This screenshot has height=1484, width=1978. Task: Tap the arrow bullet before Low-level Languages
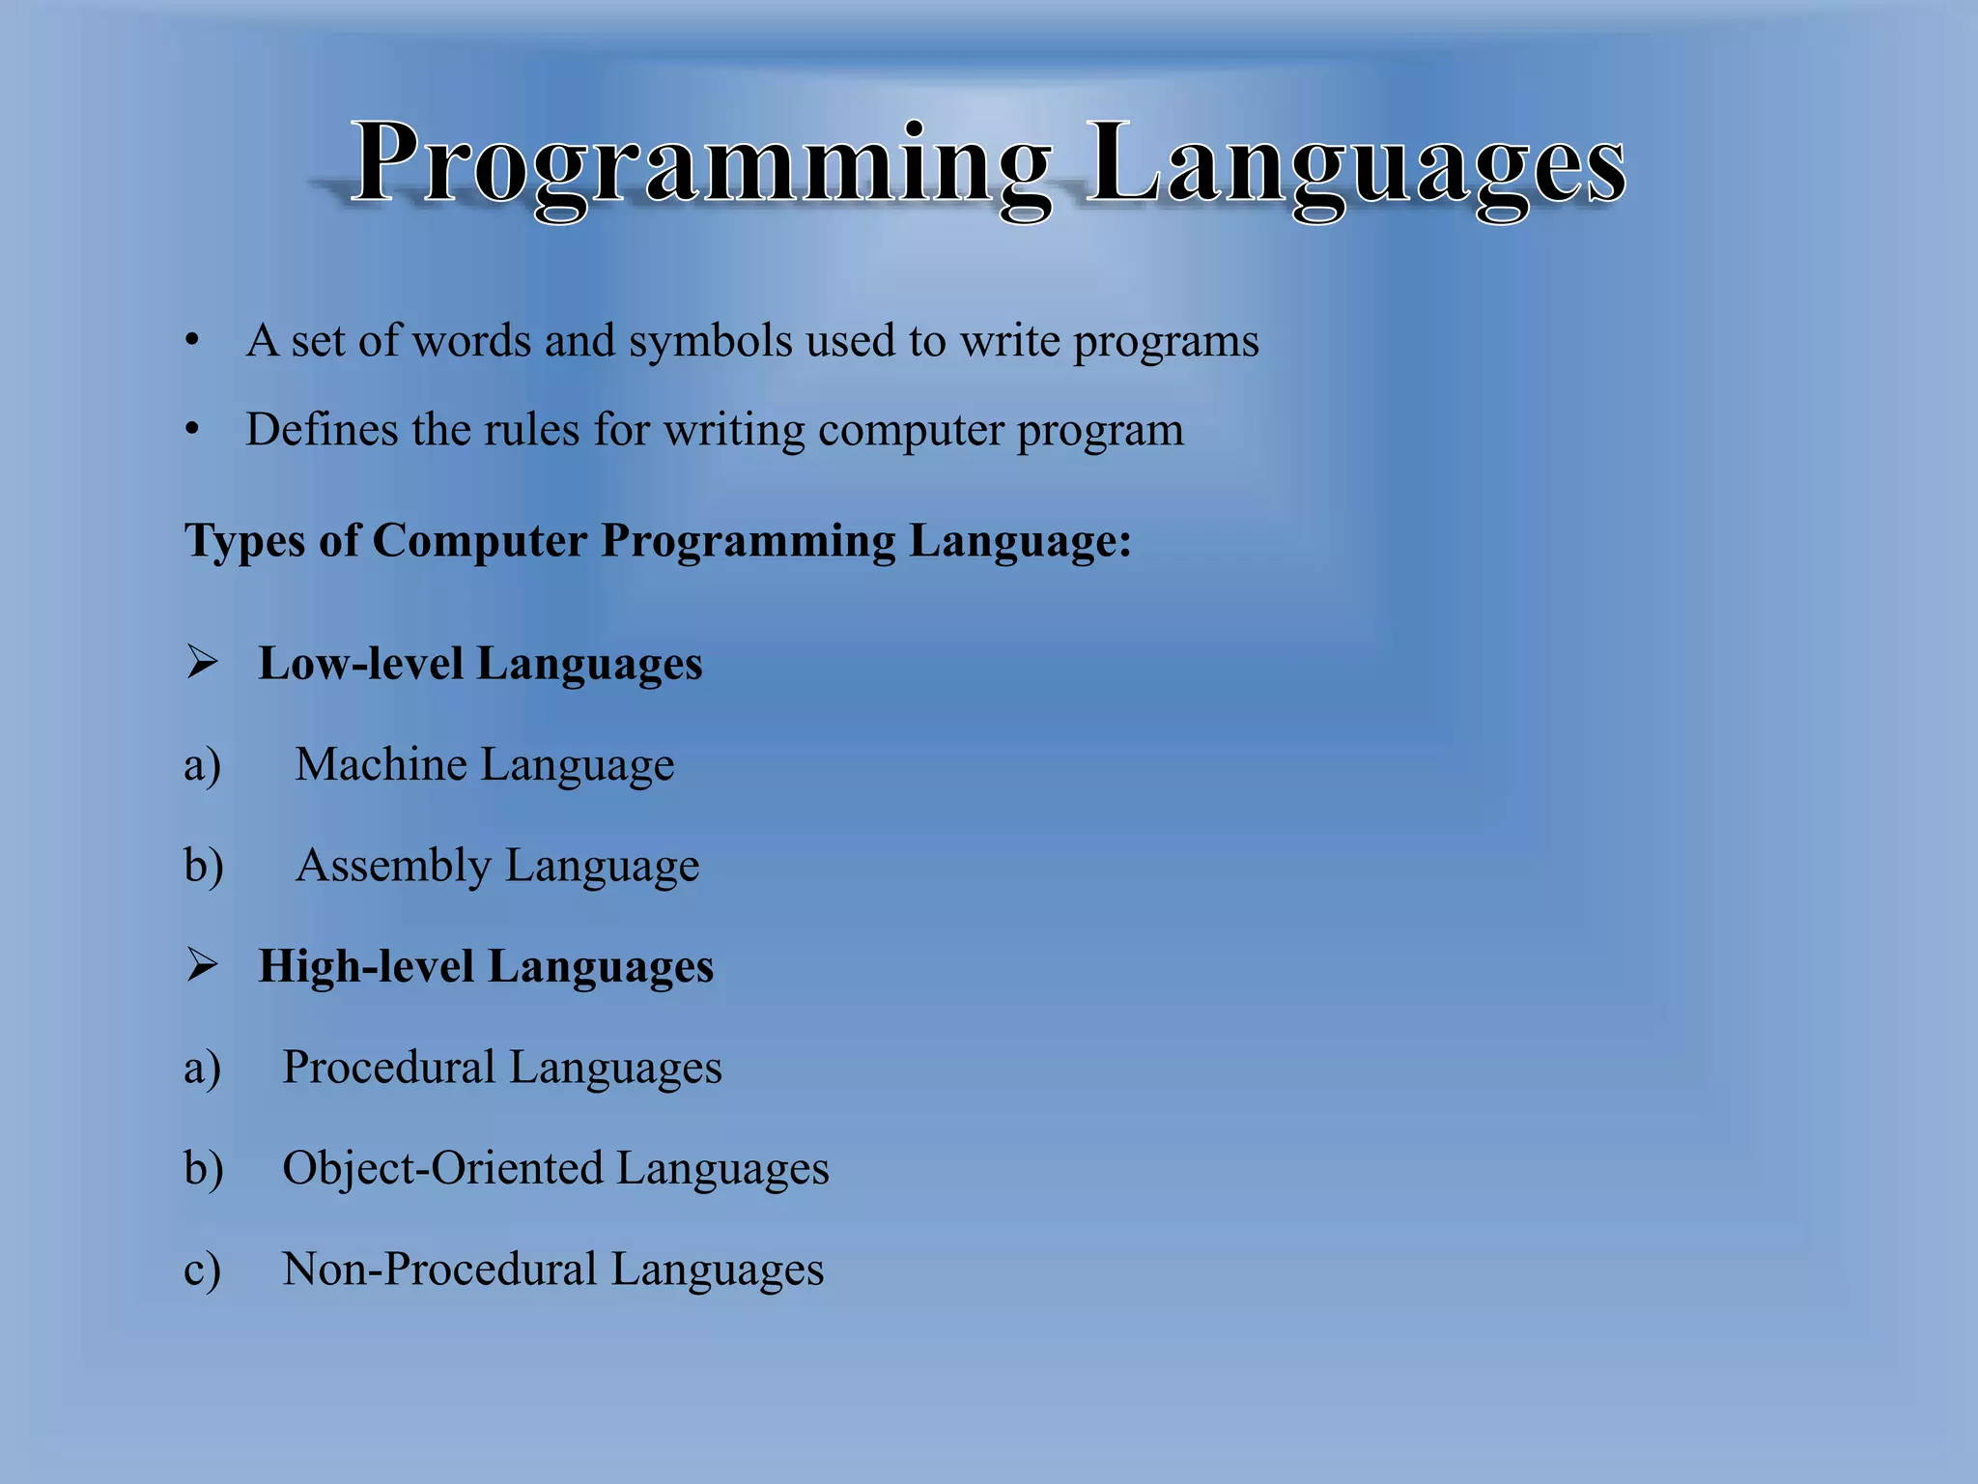(x=202, y=663)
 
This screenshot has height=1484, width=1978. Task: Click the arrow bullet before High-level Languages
(x=202, y=965)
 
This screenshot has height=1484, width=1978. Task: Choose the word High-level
(x=365, y=966)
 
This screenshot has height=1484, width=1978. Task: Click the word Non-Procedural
(x=439, y=1269)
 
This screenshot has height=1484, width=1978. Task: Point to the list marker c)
(x=202, y=1270)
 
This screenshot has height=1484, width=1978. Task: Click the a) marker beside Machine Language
(x=202, y=765)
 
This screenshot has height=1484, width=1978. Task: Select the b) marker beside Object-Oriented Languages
(x=203, y=1168)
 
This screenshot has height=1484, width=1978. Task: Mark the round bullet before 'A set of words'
(x=193, y=341)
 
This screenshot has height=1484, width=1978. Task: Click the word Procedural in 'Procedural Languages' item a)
(x=388, y=1068)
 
